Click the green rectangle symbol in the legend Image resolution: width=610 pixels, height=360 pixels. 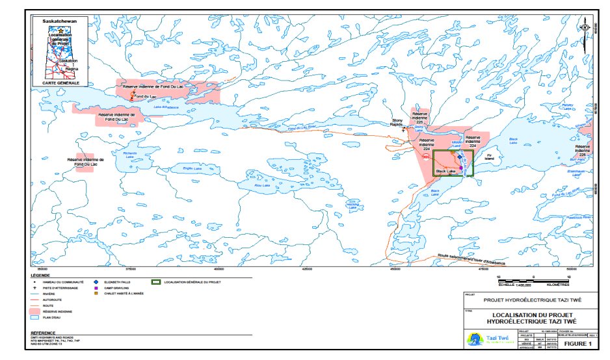point(156,283)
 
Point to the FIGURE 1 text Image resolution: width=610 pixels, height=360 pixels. point(577,342)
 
